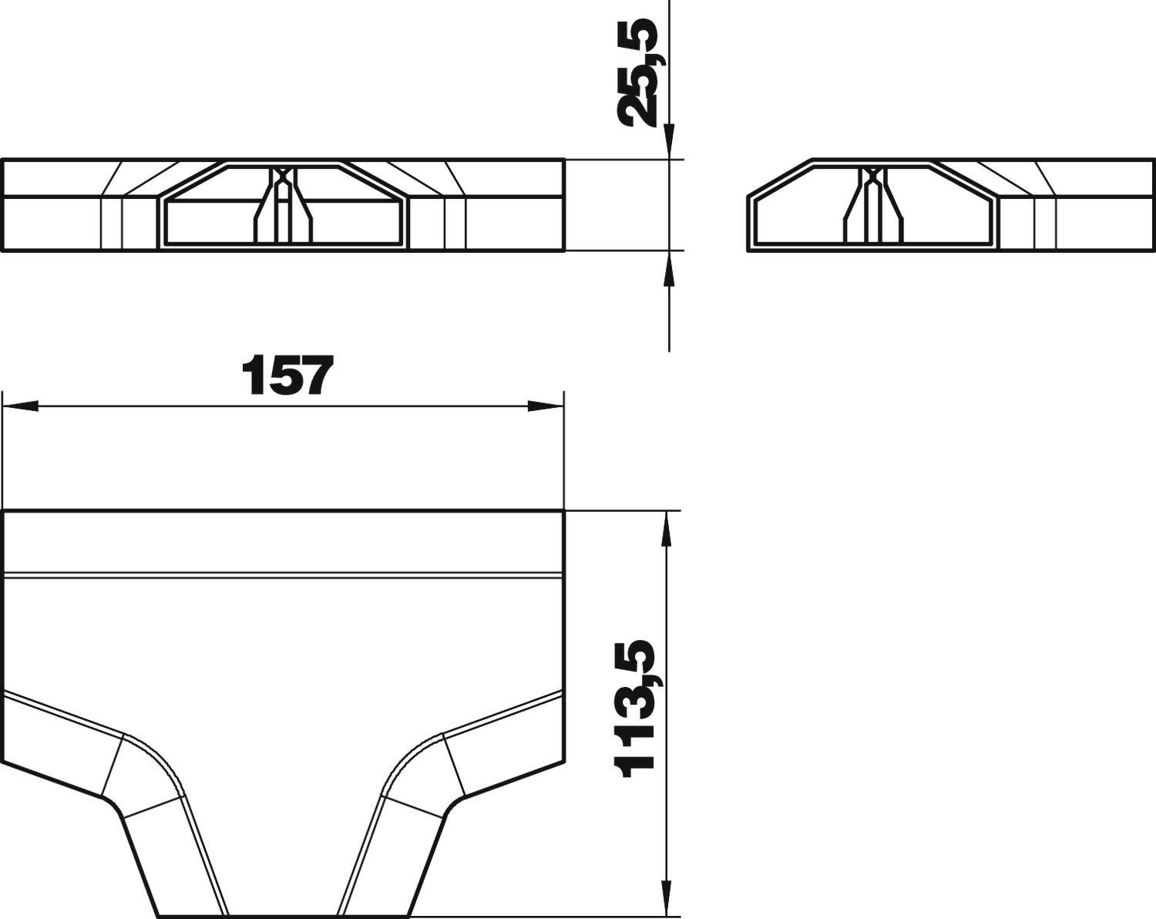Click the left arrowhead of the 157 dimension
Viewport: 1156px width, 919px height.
pos(21,406)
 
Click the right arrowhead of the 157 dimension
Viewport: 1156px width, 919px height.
pos(546,406)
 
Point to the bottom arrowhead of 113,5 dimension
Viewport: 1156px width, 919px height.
pos(668,898)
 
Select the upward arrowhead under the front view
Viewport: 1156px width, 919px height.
pos(668,270)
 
